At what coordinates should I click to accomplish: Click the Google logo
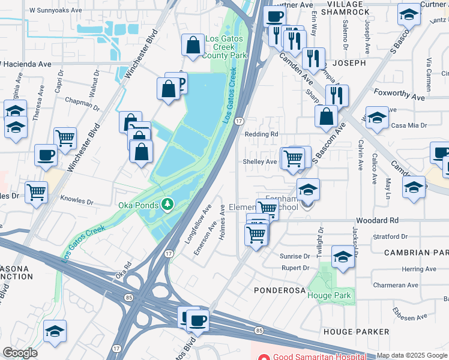[x=20, y=353]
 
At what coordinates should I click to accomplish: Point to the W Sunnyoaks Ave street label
[x=55, y=11]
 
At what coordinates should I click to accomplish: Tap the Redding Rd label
[x=262, y=134]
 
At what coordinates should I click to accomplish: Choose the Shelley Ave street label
[x=259, y=161]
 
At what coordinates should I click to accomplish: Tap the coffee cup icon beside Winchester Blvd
[x=46, y=155]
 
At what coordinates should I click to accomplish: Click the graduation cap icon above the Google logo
[x=55, y=331]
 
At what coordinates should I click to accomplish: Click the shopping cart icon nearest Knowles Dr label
[x=37, y=192]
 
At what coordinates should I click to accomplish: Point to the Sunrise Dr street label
[x=294, y=256]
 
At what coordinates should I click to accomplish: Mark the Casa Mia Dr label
[x=409, y=126]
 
